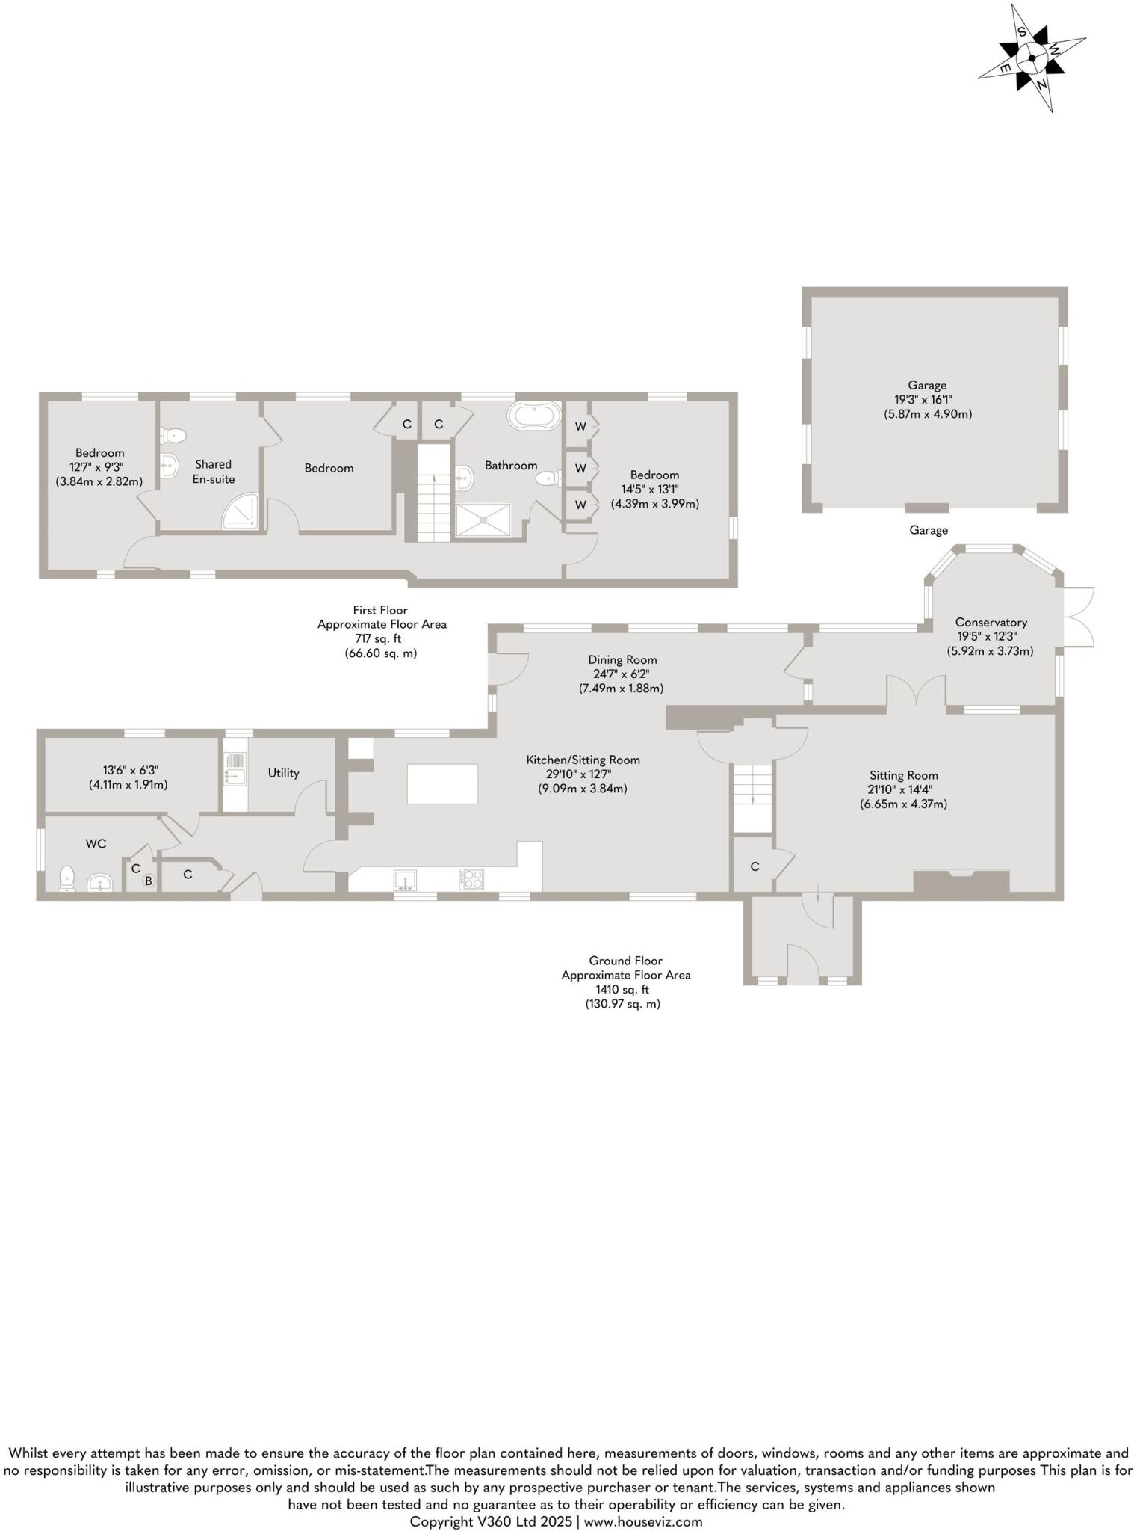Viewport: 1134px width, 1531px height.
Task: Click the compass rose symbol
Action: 1032,58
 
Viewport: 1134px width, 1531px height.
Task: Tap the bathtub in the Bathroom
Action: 533,416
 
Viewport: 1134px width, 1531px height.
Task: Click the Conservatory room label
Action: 991,622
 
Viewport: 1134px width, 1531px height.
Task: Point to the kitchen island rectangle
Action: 442,783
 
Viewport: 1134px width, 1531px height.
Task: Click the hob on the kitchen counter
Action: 471,878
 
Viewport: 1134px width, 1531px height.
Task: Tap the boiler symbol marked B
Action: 148,881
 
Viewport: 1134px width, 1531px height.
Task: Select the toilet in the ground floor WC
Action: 67,878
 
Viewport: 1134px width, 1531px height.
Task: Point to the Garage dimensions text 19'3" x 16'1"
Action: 927,400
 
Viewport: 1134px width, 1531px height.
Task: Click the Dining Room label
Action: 622,659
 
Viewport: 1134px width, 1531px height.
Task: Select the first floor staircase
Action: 433,493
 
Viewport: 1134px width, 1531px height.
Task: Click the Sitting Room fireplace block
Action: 961,881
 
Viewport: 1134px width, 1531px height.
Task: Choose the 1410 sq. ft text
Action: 625,990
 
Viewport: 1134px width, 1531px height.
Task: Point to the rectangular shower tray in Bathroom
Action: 484,520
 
